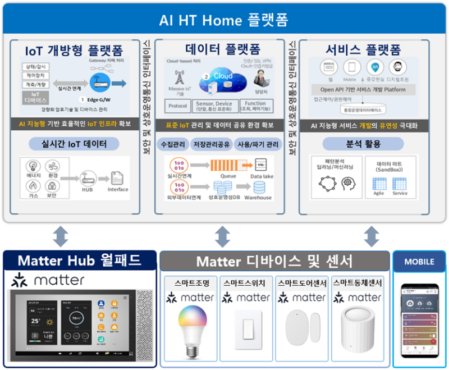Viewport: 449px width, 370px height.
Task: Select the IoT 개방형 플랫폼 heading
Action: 74,48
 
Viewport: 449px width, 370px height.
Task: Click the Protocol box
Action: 178,106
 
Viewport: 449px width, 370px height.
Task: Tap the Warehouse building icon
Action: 257,187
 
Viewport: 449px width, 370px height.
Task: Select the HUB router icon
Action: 86,178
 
